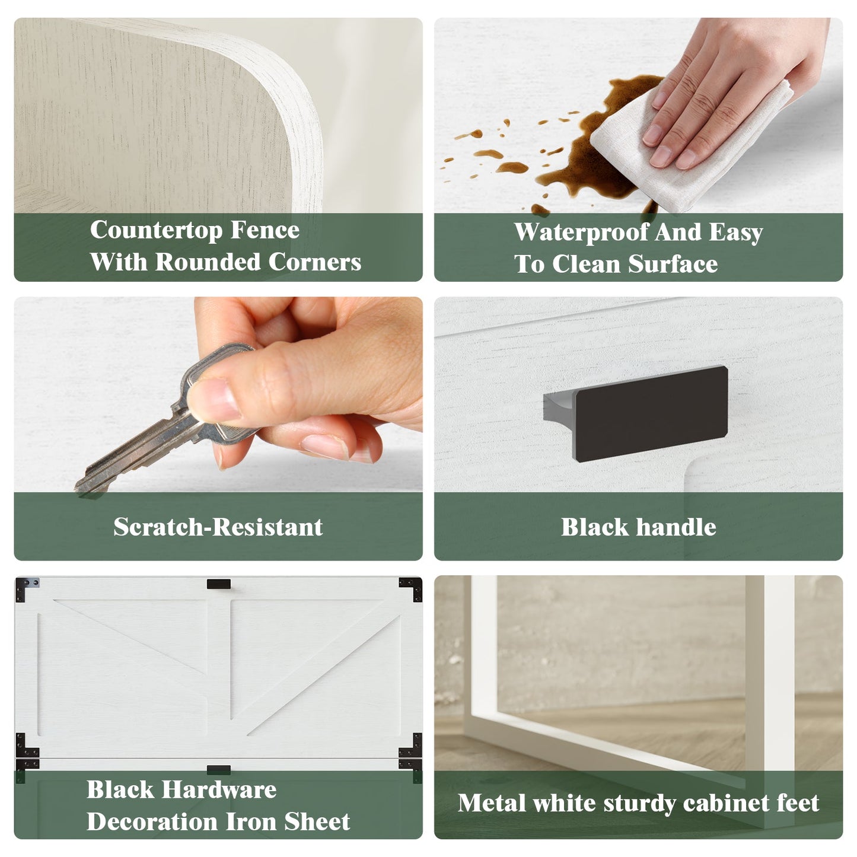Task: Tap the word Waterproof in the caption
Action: (x=581, y=232)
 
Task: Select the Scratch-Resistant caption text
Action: (x=218, y=527)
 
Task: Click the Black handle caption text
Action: (x=638, y=527)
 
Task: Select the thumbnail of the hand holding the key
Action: (x=218, y=428)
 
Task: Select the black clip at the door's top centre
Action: (x=218, y=584)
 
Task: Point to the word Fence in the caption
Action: (x=265, y=230)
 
